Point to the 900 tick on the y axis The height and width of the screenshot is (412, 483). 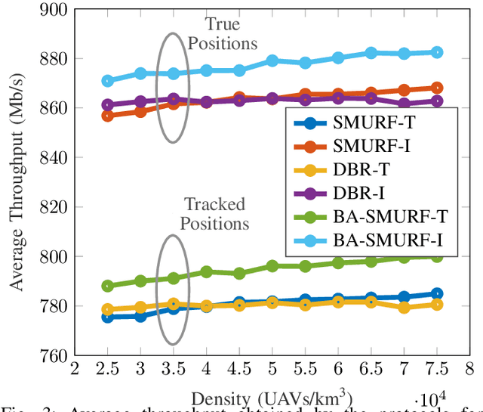point(51,9)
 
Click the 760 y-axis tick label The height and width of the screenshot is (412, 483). point(51,355)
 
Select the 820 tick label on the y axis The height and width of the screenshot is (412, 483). point(51,207)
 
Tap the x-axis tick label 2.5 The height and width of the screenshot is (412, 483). point(107,368)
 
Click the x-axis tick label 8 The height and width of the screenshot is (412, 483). point(469,368)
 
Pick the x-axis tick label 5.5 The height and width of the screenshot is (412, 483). point(305,368)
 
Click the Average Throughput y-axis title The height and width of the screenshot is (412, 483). point(16,182)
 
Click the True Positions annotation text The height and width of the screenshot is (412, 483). point(223,33)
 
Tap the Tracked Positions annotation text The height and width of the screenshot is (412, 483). point(217,214)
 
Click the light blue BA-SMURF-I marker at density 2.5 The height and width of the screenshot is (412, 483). point(108,81)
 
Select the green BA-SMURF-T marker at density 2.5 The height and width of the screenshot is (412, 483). point(108,286)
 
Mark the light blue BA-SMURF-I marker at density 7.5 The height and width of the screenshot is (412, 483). point(436,52)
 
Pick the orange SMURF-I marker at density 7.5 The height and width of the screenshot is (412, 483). point(436,88)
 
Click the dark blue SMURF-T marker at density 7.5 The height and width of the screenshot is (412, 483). point(436,293)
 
